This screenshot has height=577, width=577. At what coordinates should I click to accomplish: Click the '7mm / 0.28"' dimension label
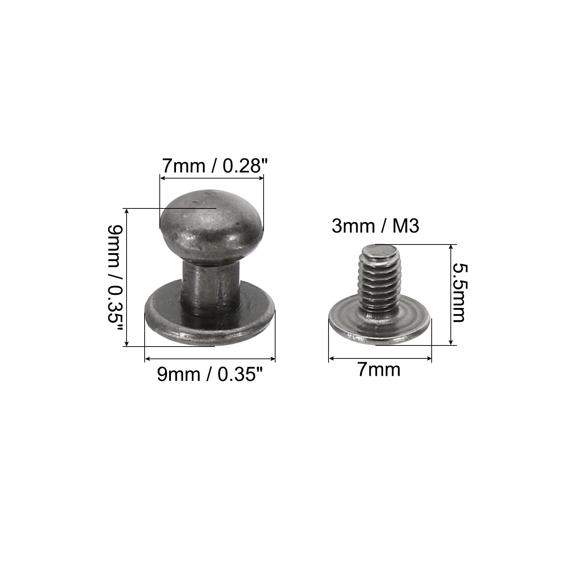coord(215,166)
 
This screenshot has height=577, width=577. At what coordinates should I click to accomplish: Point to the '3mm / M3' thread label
coord(375,226)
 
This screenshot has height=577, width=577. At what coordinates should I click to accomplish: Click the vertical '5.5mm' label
coord(459,292)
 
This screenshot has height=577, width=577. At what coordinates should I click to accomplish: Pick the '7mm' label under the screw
coord(379,370)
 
